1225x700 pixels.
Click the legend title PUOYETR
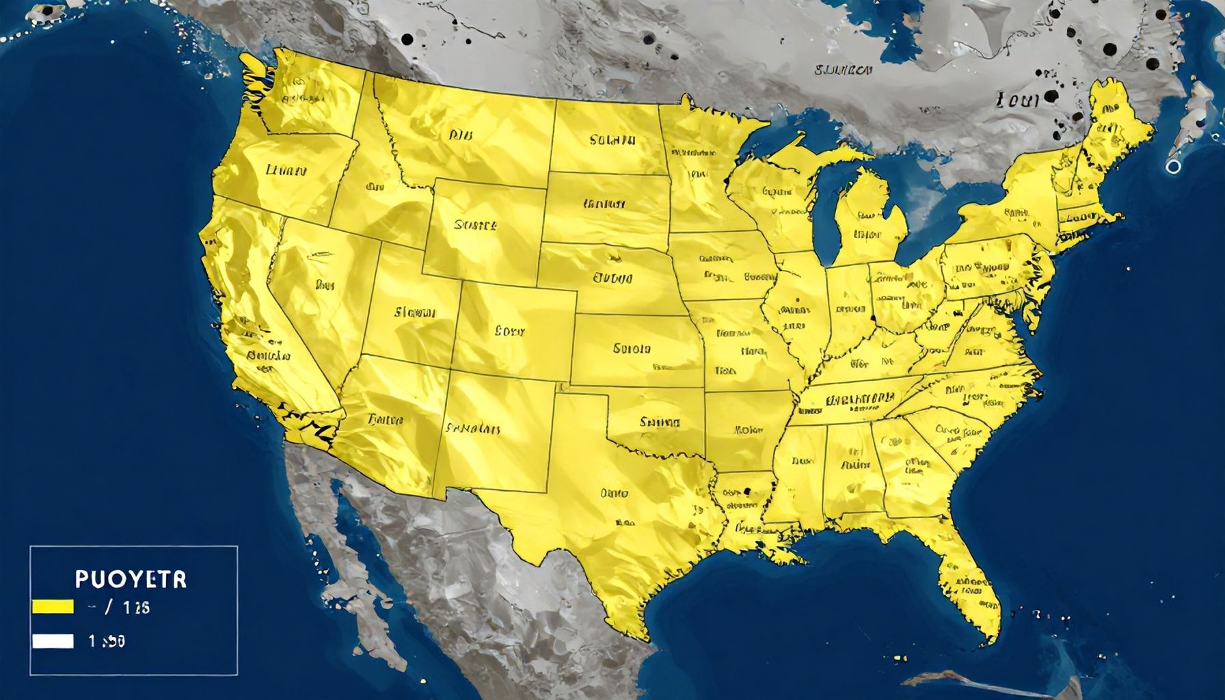(130, 580)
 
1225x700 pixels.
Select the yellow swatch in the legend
(53, 606)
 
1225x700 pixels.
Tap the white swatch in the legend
(53, 641)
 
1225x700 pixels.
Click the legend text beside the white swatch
(106, 642)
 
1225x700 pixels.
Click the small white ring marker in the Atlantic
(1174, 166)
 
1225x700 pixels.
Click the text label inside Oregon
(286, 170)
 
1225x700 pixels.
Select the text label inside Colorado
(510, 331)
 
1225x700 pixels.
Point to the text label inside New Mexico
(472, 429)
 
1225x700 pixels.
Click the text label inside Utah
(415, 313)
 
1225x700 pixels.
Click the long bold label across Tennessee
(860, 399)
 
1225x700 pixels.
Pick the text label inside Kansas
(632, 349)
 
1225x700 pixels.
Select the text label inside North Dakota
(612, 140)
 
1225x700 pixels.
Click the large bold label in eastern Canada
(1018, 100)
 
